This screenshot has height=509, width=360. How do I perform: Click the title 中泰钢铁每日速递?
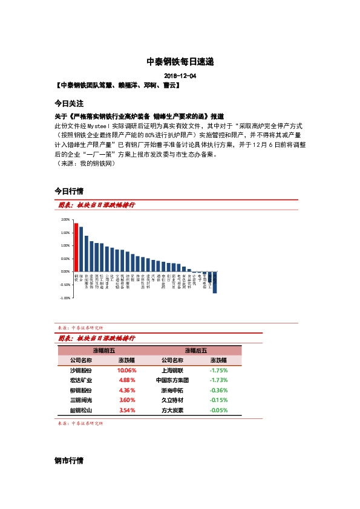(180, 62)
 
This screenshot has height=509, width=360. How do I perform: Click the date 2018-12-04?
(180, 76)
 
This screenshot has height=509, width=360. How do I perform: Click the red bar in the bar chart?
(76, 248)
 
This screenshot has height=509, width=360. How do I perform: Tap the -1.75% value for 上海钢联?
(218, 370)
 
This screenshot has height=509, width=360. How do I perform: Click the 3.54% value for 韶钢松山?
(126, 410)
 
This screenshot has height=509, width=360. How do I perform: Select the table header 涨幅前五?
(103, 350)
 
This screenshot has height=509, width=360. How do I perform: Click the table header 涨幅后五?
(195, 350)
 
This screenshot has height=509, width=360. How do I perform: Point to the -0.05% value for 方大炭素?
(218, 410)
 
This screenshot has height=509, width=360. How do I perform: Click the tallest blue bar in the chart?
(82, 250)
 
